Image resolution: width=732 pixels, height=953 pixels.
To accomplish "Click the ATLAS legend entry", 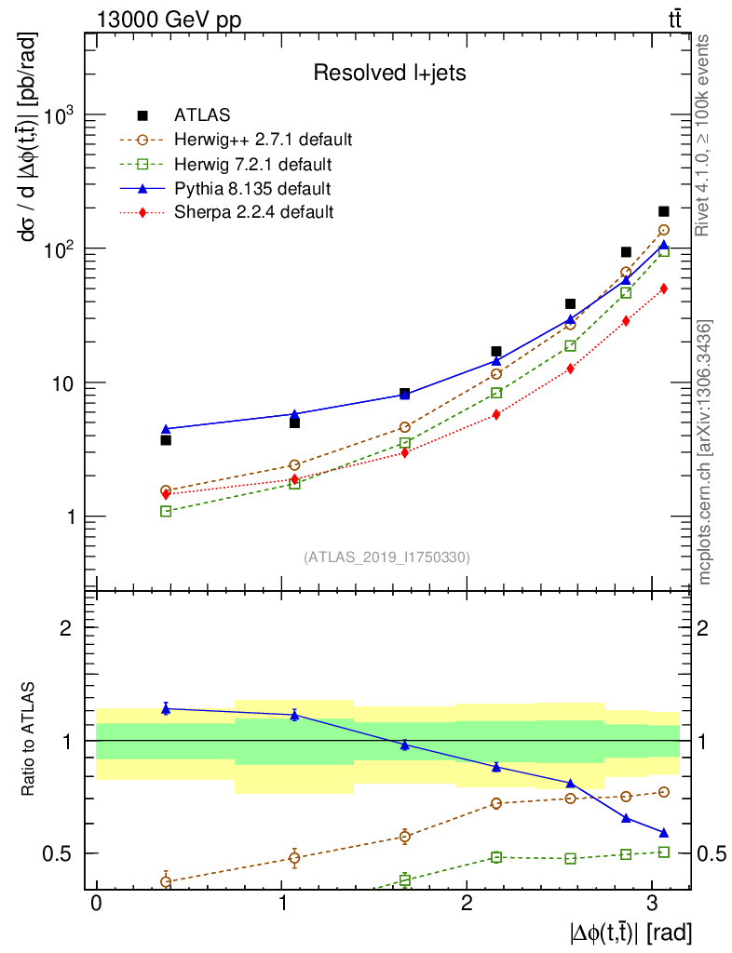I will [201, 115].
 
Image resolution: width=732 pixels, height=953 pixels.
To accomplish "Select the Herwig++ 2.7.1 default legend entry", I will [263, 141].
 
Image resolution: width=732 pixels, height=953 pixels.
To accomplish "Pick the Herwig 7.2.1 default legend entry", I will [253, 165].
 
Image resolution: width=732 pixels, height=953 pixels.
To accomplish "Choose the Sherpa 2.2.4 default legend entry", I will [253, 212].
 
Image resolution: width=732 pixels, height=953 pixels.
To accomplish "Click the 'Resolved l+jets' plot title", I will [389, 73].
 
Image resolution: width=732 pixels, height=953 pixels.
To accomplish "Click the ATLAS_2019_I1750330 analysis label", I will [386, 557].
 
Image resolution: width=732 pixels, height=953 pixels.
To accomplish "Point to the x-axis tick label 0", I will [96, 904].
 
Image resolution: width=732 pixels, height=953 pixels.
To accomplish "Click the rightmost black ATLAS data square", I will [664, 211].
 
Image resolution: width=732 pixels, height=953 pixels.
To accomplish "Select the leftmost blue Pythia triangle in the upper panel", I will [166, 429].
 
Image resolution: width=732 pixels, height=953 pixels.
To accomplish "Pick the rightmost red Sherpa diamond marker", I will [664, 289].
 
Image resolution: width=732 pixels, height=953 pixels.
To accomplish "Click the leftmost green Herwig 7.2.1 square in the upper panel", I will [166, 511].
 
